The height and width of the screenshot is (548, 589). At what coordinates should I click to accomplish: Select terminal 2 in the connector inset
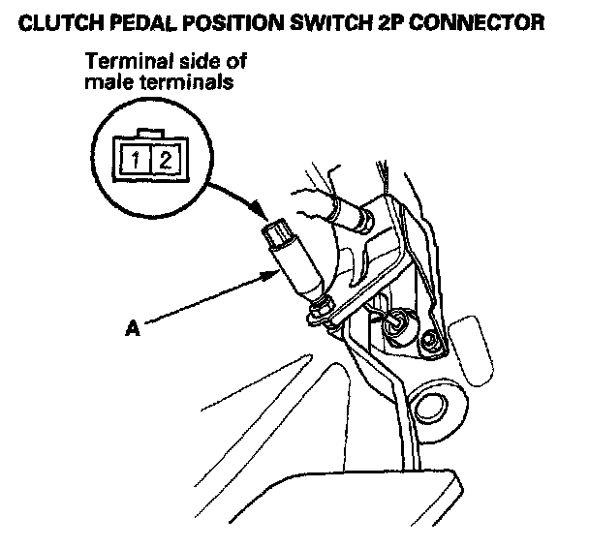[165, 157]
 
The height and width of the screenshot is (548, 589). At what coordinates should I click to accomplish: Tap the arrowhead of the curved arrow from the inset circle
[261, 211]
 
